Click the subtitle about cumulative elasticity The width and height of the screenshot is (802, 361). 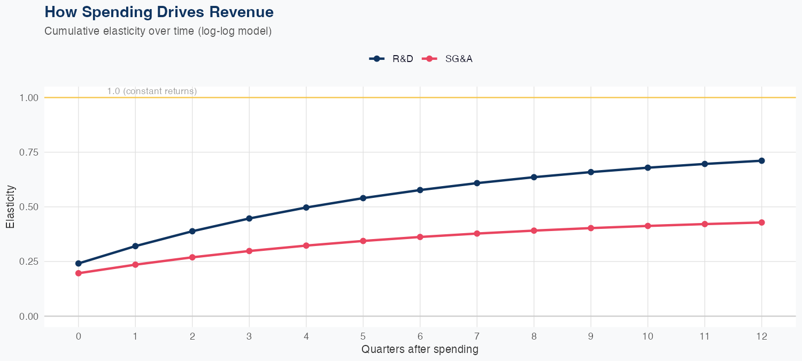click(x=158, y=31)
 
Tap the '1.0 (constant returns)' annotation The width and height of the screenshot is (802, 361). click(x=152, y=91)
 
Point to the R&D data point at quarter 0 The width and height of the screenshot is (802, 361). click(x=79, y=263)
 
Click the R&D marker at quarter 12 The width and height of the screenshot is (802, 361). click(x=761, y=160)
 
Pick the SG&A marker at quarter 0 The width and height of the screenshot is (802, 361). click(x=79, y=273)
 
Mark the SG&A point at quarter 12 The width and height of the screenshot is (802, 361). click(x=761, y=222)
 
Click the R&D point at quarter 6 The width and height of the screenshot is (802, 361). click(x=420, y=190)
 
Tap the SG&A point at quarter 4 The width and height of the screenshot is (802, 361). click(x=306, y=245)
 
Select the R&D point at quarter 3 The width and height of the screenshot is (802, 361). click(x=249, y=218)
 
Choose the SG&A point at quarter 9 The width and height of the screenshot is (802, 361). click(x=591, y=228)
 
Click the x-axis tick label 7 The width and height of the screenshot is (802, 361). click(x=477, y=336)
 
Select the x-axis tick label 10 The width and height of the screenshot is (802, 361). click(x=647, y=336)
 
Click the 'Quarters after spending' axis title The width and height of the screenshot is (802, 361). click(x=420, y=350)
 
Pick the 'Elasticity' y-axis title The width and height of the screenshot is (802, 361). click(x=10, y=206)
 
